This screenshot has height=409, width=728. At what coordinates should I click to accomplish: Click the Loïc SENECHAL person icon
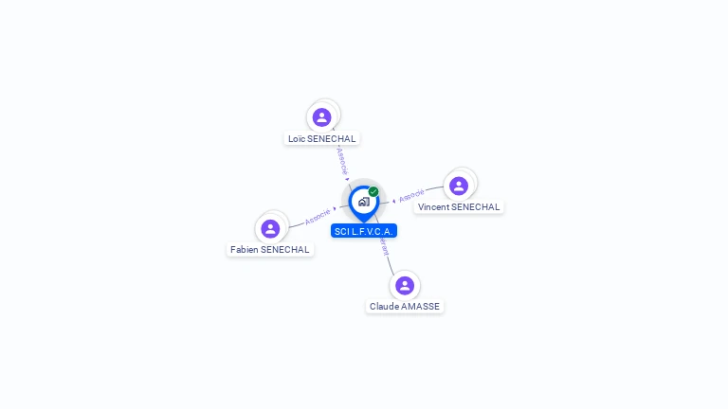(321, 117)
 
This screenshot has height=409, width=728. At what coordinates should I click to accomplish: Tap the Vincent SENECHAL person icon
(459, 186)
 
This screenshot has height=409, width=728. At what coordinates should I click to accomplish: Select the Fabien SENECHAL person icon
(270, 228)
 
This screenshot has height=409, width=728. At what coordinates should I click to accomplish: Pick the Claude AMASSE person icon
(405, 285)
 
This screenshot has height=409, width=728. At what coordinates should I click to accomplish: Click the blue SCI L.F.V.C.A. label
(364, 231)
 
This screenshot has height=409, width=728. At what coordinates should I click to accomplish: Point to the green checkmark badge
(373, 191)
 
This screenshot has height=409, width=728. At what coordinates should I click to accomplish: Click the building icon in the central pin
(363, 202)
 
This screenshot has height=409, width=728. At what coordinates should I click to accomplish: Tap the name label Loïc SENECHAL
(322, 139)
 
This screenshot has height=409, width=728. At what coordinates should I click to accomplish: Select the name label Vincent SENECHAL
(459, 207)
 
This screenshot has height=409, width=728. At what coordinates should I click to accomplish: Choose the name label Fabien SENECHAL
(270, 250)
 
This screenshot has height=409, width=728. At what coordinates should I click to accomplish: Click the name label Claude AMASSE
(405, 307)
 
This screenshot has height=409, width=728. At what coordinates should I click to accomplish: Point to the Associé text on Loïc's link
(341, 160)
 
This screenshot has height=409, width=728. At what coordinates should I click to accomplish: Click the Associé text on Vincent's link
(411, 196)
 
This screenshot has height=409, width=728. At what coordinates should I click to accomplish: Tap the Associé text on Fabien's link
(318, 217)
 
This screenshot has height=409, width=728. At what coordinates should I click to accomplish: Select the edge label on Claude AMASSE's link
(383, 247)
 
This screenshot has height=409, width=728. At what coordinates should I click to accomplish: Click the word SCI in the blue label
(342, 231)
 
